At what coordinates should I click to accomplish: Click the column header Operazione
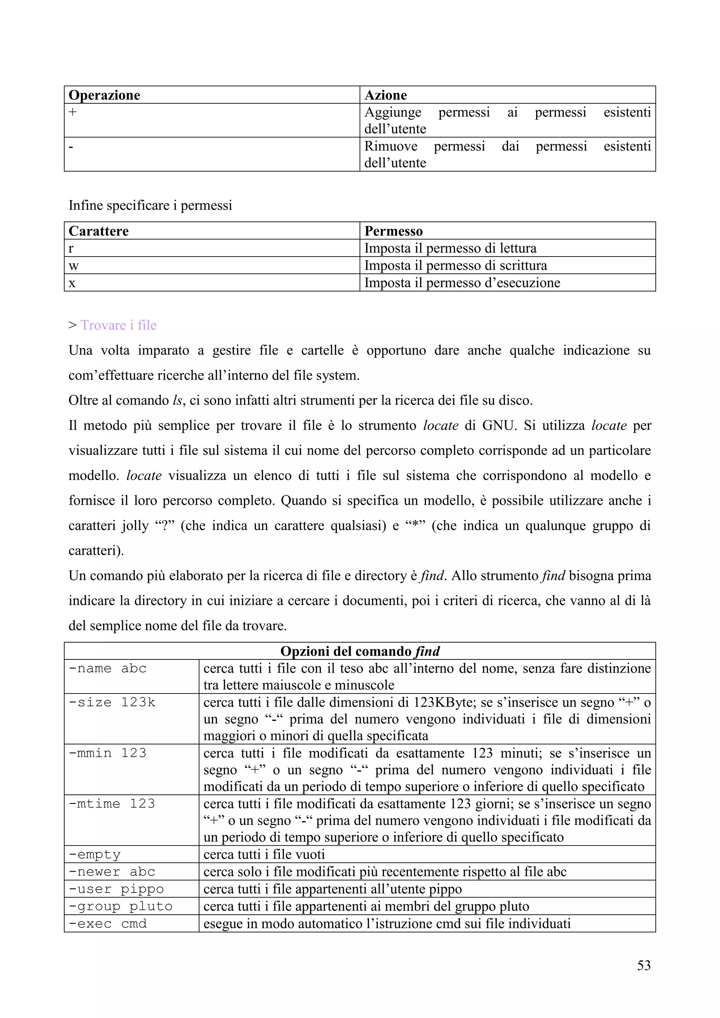(105, 95)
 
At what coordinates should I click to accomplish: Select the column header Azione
(385, 95)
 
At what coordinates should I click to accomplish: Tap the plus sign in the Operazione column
(73, 112)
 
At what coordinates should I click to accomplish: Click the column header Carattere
(98, 231)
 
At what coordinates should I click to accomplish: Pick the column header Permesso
(393, 231)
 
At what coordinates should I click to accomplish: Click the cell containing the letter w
(73, 266)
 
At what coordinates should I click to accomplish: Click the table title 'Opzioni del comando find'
(360, 651)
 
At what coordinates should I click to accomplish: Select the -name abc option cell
(108, 668)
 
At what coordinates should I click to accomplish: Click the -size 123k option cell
(112, 702)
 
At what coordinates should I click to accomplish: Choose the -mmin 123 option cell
(108, 753)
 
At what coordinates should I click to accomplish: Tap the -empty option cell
(95, 855)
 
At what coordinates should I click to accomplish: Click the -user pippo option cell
(116, 889)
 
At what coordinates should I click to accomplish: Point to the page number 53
(643, 965)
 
